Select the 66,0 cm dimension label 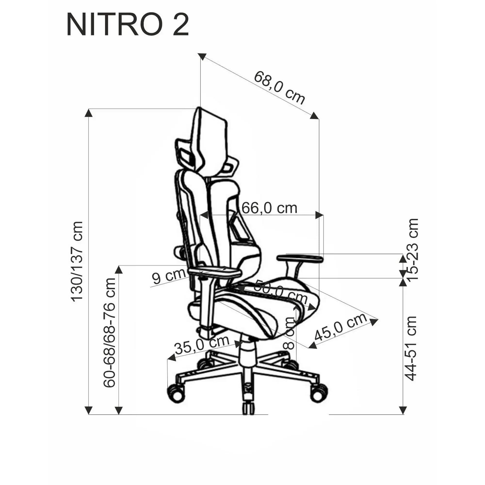269,208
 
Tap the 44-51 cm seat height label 411,349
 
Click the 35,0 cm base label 202,345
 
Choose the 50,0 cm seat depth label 280,292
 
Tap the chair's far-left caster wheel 176,396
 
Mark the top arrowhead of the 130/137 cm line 88,113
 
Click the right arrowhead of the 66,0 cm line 319,215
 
